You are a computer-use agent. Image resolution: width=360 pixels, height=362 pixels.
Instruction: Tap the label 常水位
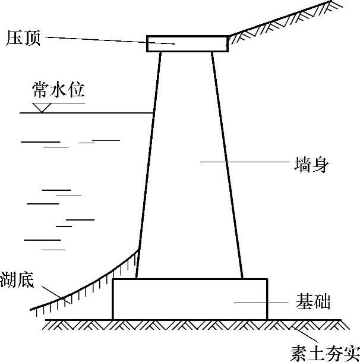[59, 90]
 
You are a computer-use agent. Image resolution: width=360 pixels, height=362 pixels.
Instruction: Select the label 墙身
[311, 164]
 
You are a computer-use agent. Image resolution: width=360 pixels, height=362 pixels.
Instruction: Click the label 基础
[312, 302]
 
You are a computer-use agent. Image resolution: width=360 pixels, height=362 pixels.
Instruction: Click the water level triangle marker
[42, 108]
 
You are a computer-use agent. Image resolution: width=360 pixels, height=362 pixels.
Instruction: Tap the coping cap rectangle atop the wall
[188, 44]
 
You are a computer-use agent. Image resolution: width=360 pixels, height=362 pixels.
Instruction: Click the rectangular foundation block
[190, 299]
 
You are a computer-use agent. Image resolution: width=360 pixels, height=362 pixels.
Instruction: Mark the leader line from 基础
[261, 303]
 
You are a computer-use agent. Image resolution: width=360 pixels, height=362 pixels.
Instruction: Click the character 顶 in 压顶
[32, 39]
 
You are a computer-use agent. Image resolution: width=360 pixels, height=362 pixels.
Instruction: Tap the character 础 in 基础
[321, 302]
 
